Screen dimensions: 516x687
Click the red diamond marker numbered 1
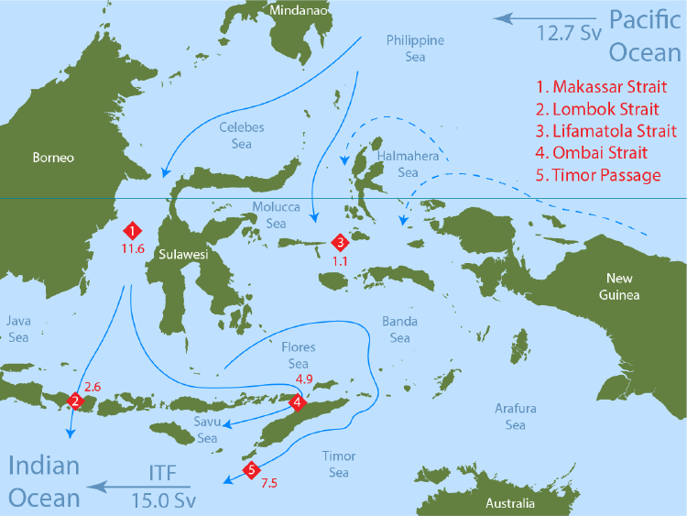(x=134, y=230)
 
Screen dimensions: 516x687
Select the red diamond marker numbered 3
(x=340, y=243)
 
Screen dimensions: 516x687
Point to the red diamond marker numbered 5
(x=251, y=471)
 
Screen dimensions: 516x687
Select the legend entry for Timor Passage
(x=598, y=174)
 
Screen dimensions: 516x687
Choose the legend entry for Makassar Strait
(x=596, y=87)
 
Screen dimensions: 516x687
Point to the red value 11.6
(x=133, y=248)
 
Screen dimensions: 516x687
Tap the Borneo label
(x=53, y=158)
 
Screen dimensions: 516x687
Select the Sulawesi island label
(x=182, y=256)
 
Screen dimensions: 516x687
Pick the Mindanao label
(x=295, y=10)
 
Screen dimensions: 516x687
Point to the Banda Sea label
(x=399, y=330)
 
